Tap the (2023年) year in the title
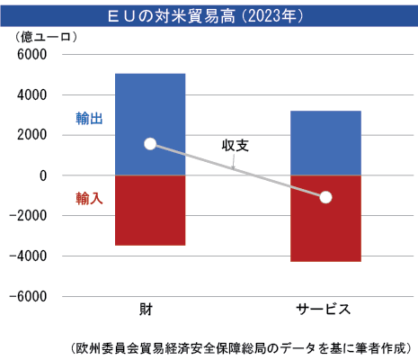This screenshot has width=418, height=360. (270, 15)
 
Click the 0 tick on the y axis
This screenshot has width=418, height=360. (42, 175)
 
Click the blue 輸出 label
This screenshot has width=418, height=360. (89, 118)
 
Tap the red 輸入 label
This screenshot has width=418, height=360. (89, 198)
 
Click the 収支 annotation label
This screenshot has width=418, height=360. (236, 145)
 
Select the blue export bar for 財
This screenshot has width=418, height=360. (149, 103)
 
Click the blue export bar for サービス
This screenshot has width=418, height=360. (325, 135)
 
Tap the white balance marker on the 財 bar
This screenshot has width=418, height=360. (150, 144)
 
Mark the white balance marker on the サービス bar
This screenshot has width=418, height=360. (325, 197)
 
